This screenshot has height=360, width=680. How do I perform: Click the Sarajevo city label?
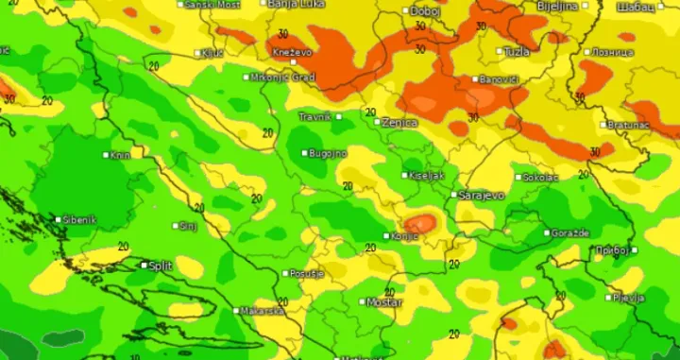tap(481, 196)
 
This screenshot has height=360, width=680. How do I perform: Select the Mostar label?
tap(384, 302)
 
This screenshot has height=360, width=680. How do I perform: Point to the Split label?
tap(161, 266)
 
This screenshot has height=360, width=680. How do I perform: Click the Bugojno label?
tap(330, 153)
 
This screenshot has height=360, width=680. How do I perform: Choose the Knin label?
tap(121, 155)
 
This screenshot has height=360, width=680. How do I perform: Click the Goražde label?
tap(570, 232)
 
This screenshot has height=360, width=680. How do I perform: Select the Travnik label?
tap(314, 117)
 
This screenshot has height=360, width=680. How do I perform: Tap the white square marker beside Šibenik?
tap(59, 219)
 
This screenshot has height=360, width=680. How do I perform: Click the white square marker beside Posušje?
tap(286, 273)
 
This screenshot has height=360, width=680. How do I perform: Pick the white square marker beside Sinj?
tap(177, 226)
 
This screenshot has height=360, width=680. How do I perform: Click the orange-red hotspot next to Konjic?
tap(424, 223)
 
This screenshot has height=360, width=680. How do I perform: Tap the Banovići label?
tap(500, 79)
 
